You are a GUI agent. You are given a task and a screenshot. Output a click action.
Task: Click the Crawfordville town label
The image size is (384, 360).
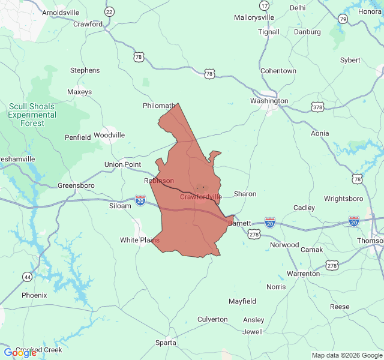coord(201,197)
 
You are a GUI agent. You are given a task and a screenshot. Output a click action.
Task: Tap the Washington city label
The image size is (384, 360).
coord(269,101)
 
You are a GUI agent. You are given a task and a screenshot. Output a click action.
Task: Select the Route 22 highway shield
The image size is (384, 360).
coord(109,12)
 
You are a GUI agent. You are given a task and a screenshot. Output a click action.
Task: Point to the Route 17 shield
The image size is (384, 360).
coord(265,5)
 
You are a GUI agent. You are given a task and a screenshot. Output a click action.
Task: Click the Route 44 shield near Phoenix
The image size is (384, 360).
coord(28,277)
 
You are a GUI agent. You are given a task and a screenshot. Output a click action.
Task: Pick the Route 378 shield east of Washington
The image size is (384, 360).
coord(317,107)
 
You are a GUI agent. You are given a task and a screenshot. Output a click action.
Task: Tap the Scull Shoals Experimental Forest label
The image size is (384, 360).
coord(32,115)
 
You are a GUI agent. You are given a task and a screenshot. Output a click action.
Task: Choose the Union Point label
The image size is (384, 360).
coord(122,164)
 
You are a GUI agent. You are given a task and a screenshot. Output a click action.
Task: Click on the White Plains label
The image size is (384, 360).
coord(140,240)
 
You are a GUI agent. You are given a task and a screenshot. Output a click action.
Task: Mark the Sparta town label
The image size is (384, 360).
coord(166,343)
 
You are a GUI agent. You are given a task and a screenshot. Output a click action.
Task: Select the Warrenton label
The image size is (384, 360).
coord(303,274)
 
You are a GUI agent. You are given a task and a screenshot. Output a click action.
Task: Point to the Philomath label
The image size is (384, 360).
coord(159,106)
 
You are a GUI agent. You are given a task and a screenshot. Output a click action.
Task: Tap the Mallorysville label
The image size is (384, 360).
coord(254,18)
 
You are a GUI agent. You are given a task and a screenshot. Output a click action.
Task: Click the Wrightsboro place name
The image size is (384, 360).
coord(343,199)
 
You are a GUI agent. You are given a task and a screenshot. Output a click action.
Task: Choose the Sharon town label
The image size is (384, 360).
coord(245,194)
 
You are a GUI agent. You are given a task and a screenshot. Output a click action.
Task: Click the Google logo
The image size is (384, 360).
coord(20,353)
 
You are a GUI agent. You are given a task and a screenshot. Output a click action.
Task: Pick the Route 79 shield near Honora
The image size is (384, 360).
coord(343,19)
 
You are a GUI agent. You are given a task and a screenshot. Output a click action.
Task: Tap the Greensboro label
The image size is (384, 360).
coord(76,185)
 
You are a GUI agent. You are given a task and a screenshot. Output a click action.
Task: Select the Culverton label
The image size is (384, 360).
coord(212,319)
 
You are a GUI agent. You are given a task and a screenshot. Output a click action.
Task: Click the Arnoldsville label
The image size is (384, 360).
coord(61,12)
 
